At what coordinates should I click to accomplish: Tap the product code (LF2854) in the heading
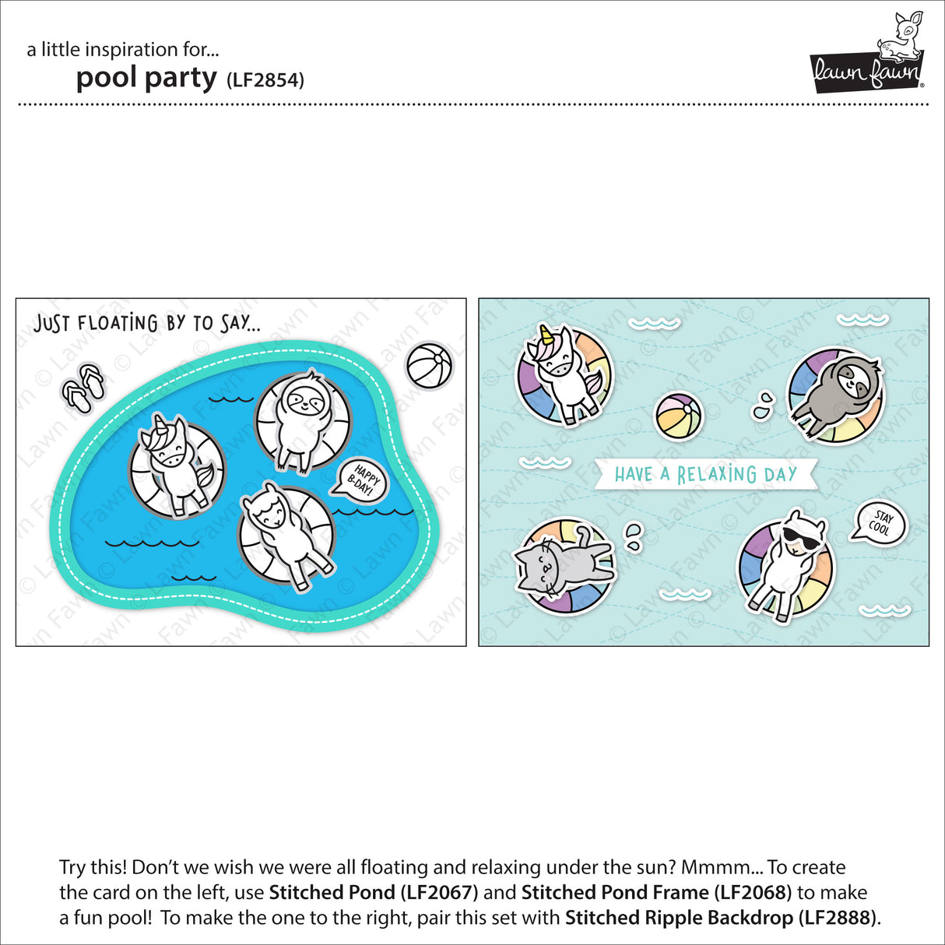pyautogui.click(x=265, y=80)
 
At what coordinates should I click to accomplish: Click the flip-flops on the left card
pyautogui.click(x=83, y=387)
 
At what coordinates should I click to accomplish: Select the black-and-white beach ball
pyautogui.click(x=430, y=366)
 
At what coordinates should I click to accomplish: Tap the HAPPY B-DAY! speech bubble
pyautogui.click(x=359, y=480)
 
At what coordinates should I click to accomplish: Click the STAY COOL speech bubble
pyautogui.click(x=880, y=522)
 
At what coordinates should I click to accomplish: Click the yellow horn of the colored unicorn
pyautogui.click(x=547, y=335)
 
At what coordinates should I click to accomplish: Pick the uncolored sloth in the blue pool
pyautogui.click(x=302, y=421)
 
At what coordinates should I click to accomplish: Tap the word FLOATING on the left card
pyautogui.click(x=118, y=323)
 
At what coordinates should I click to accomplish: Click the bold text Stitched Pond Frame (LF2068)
pyautogui.click(x=656, y=892)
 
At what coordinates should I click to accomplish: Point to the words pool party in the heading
pyautogui.click(x=146, y=78)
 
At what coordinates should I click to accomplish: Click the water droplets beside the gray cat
pyautogui.click(x=635, y=537)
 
